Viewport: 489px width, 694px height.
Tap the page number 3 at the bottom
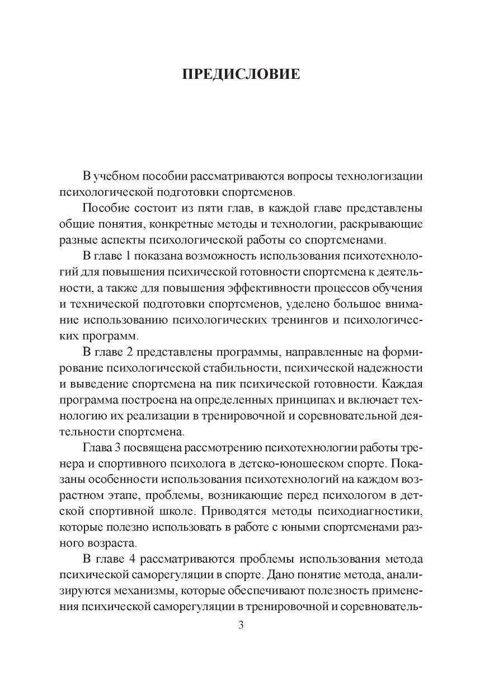pos(241,625)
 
